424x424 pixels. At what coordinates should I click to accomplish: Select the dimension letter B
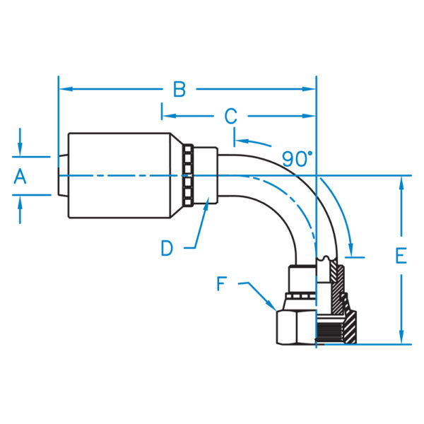(179, 90)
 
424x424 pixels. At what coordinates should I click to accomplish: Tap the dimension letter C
(230, 115)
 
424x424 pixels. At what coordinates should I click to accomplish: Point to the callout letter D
(167, 247)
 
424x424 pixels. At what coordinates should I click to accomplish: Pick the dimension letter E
(401, 256)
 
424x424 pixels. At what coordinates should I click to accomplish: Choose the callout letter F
(221, 284)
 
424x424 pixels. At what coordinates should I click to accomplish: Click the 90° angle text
(298, 159)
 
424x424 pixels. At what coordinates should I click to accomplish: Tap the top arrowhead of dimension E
(401, 182)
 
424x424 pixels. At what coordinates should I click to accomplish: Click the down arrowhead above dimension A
(20, 151)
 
